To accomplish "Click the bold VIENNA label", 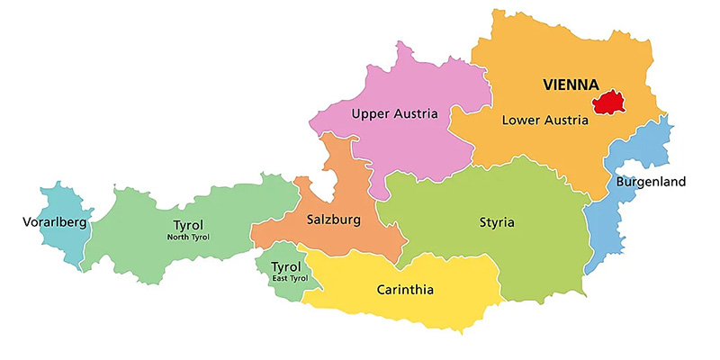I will [571, 85].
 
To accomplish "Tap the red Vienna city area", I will [609, 103].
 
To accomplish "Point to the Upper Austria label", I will [394, 113].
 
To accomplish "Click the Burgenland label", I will [651, 182].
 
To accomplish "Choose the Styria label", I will [497, 222].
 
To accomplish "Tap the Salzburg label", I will [333, 220].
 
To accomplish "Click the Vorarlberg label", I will [55, 222].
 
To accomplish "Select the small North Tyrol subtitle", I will [188, 237].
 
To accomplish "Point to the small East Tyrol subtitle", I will [286, 279].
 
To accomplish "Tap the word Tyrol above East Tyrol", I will [286, 267].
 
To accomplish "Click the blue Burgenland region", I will [601, 229].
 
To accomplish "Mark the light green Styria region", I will [531, 252].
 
